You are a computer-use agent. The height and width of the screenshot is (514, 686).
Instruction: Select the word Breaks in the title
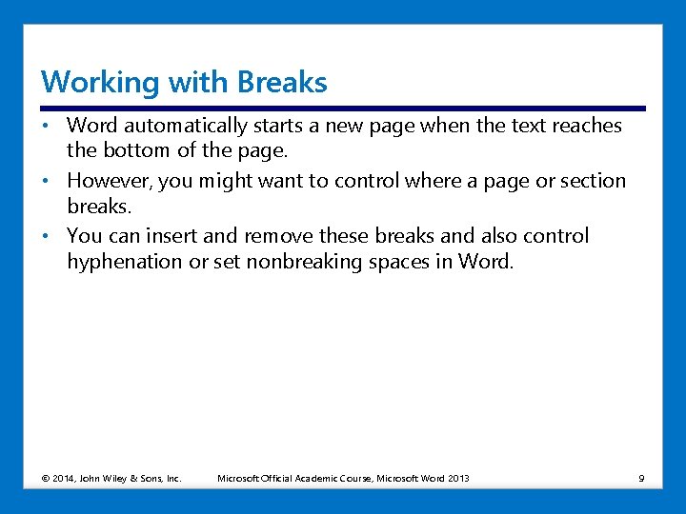pos(283,82)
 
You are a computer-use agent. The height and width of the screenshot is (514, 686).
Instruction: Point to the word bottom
pos(137,150)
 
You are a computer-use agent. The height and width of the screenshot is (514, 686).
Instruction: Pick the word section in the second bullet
pos(593,181)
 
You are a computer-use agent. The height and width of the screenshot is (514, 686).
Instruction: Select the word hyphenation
pos(123,262)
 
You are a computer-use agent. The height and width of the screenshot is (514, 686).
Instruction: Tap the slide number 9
pos(641,478)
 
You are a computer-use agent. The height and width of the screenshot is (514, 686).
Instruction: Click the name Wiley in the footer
pos(119,478)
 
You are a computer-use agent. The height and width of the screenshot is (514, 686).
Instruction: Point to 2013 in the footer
pos(457,478)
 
